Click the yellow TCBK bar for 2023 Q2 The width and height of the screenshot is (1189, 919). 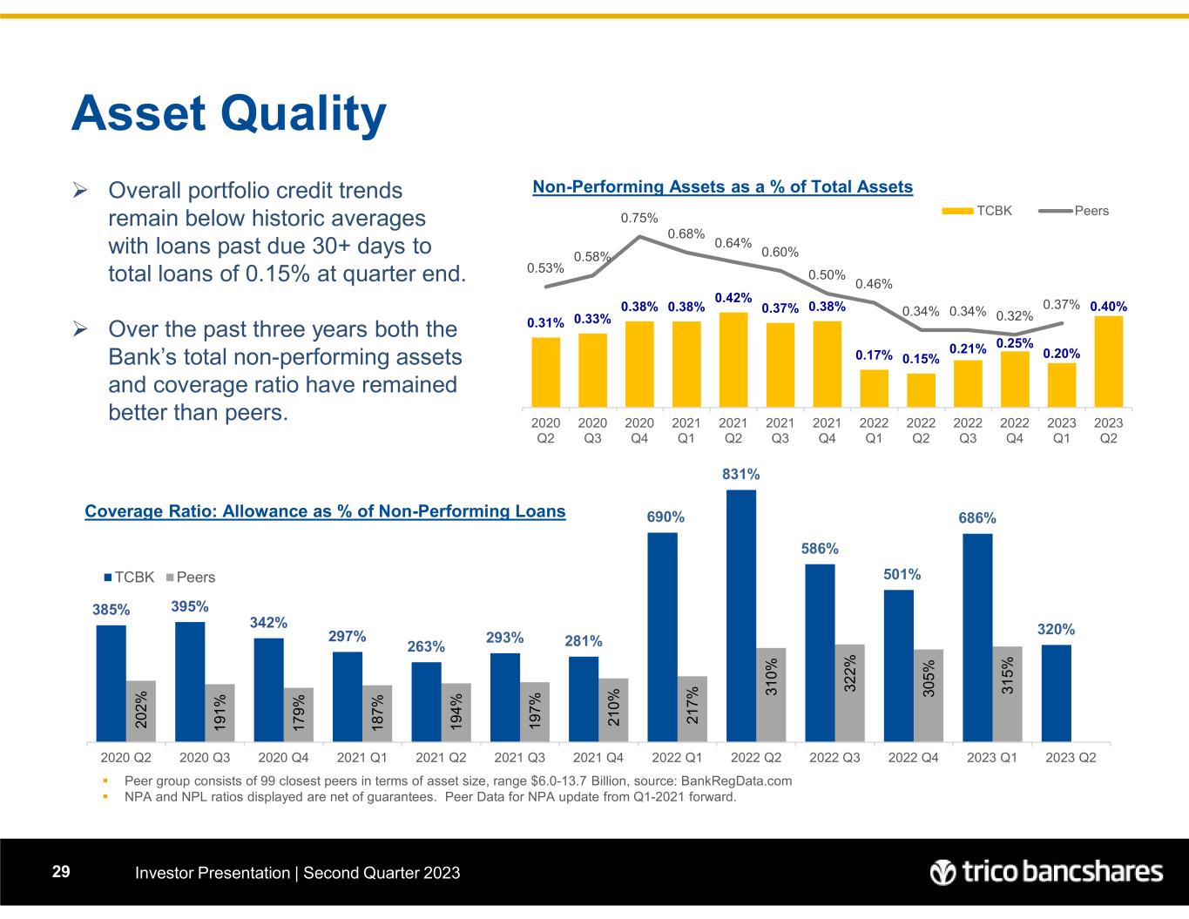tap(1108, 362)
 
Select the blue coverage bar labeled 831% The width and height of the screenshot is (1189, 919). tap(741, 615)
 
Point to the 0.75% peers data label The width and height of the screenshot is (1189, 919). tap(638, 218)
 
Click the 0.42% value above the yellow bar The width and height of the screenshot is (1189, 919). tap(733, 298)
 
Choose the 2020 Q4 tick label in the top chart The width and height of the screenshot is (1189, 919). tap(639, 430)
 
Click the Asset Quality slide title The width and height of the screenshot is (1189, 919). tap(229, 114)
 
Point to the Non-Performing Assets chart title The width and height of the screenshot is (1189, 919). tap(722, 186)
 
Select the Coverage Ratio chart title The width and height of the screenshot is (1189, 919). tap(325, 511)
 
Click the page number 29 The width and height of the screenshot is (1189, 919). tap(61, 872)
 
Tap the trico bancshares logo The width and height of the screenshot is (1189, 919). tap(1046, 872)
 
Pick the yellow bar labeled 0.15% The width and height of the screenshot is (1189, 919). tap(921, 390)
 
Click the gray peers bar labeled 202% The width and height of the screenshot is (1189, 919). tap(140, 710)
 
